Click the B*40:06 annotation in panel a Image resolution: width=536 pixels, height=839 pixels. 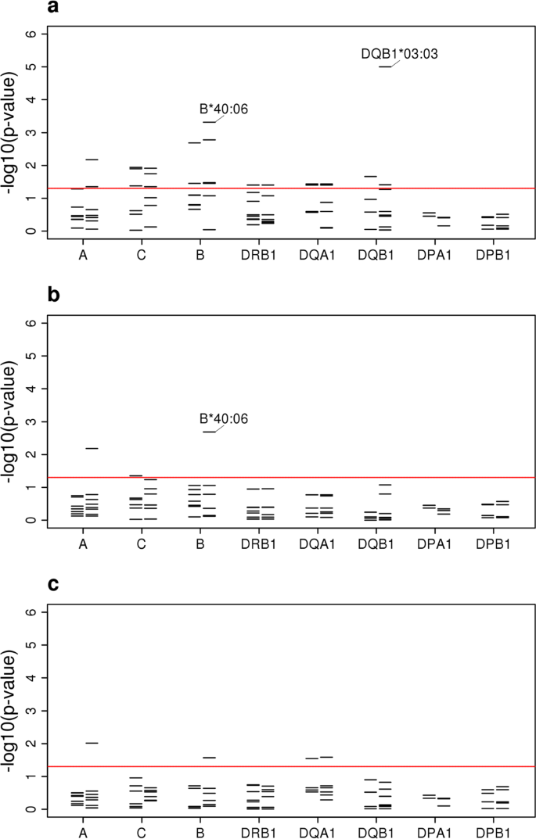coord(225,109)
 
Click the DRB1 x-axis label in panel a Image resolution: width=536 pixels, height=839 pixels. coord(261,253)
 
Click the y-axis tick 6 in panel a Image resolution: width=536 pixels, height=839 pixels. coord(31,34)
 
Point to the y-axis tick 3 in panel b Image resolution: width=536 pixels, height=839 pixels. coord(31,421)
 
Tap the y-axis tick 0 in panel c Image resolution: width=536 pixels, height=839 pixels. coord(31,809)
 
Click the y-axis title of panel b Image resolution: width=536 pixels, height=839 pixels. coord(11,422)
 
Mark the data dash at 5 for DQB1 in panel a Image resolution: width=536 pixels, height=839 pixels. coord(385,66)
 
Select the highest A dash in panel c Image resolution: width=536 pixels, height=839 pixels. coord(92,743)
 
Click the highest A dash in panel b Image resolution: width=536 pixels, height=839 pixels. coord(92,448)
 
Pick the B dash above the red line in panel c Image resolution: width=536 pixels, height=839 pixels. coord(209,758)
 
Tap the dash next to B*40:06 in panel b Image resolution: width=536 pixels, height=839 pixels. coord(209,432)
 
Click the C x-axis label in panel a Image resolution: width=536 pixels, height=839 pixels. coord(142,253)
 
